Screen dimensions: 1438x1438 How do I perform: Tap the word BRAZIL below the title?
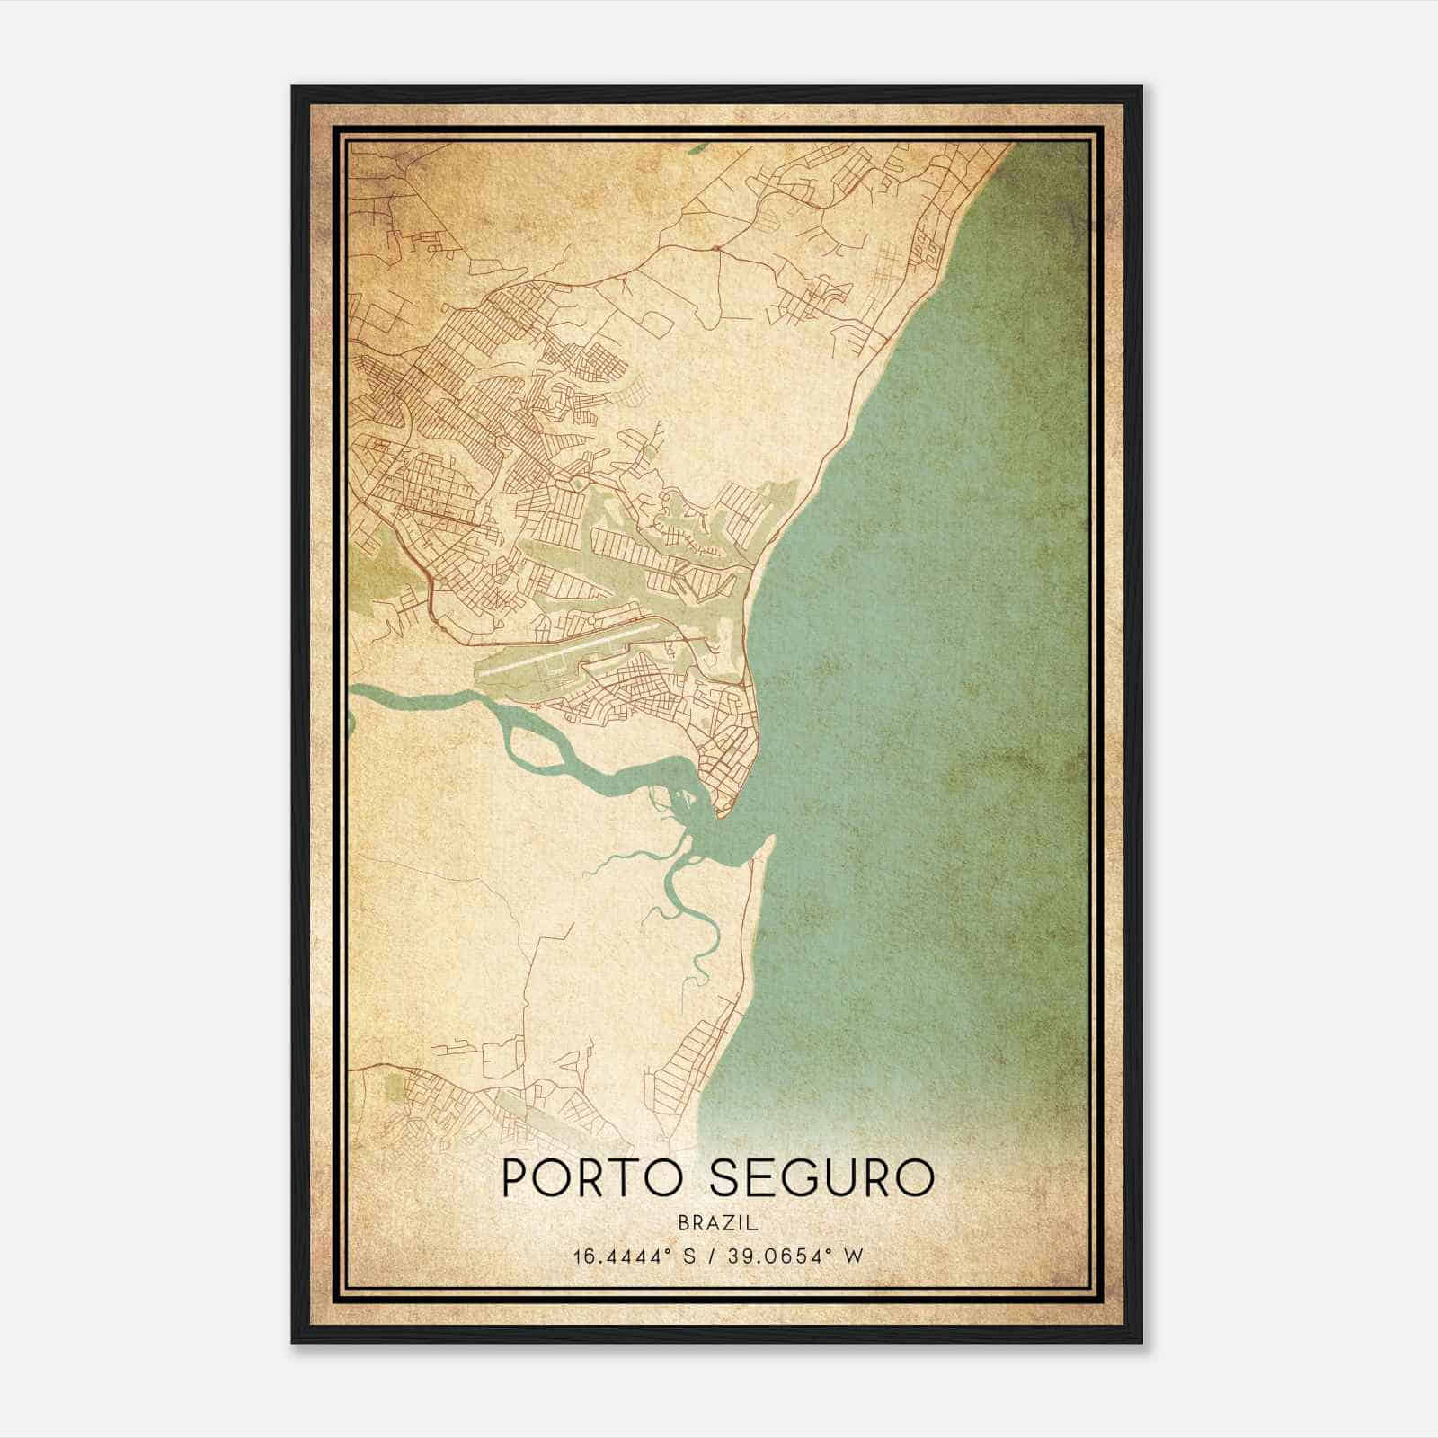point(718,1223)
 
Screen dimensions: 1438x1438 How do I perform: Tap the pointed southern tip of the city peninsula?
point(719,813)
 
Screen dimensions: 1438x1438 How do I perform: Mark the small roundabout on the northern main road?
point(714,247)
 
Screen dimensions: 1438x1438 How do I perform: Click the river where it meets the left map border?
point(354,692)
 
